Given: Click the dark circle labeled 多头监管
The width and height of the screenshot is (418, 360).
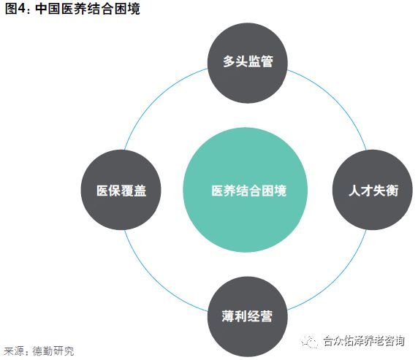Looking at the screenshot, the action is (248, 63).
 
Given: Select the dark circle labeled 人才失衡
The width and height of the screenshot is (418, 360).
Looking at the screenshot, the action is (373, 190).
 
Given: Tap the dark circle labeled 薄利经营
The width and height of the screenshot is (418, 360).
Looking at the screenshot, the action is (248, 317).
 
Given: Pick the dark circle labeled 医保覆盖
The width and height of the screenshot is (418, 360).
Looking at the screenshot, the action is (121, 190).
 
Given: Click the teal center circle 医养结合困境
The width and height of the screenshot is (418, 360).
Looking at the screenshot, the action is (246, 190).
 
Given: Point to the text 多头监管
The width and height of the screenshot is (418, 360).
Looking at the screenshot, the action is (248, 61).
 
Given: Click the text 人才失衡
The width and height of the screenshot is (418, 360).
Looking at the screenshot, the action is (373, 191).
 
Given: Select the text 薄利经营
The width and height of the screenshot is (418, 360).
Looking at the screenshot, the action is (247, 316).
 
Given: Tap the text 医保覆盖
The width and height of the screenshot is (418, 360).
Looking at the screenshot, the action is (121, 191).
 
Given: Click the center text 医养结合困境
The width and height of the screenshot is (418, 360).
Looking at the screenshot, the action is (249, 191).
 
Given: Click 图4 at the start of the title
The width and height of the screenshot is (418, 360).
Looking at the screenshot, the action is (15, 9).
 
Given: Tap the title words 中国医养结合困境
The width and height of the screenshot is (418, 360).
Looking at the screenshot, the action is (88, 9).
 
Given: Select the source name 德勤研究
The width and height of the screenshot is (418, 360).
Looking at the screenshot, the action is (53, 351).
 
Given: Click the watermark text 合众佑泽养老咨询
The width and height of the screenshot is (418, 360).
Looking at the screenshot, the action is (364, 341).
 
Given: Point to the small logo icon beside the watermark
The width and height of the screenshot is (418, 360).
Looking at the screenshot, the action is (309, 341).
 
